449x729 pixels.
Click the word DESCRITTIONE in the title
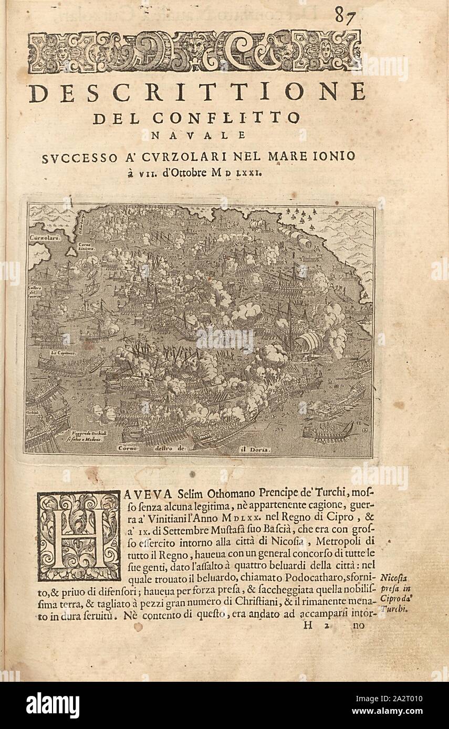tap(197, 92)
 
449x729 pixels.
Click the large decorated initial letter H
tap(78, 535)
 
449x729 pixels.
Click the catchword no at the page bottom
tap(358, 625)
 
